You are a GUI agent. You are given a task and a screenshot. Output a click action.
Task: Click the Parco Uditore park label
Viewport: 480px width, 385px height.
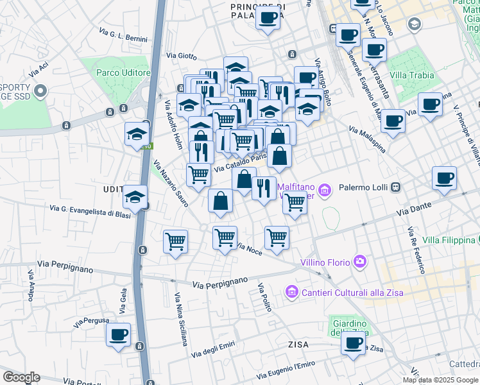point(123,73)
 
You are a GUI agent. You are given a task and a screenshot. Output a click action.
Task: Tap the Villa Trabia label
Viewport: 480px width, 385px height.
point(411,75)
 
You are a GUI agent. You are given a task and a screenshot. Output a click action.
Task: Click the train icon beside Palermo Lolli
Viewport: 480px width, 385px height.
point(397,187)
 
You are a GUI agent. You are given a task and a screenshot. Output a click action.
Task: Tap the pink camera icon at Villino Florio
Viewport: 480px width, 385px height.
point(360,261)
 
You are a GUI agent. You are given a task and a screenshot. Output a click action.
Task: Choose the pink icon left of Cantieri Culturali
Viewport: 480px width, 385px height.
point(291,292)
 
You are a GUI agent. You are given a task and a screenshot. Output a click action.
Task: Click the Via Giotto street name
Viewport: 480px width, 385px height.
point(181,56)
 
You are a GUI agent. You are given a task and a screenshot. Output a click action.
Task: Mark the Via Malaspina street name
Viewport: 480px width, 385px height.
point(367,139)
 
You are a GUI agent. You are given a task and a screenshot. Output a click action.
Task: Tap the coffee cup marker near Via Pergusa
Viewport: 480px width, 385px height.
point(118,335)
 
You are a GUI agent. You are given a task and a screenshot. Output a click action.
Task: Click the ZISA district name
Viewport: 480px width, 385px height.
point(298,345)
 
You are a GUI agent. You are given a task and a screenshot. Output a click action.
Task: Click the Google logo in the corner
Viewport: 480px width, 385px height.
point(21,377)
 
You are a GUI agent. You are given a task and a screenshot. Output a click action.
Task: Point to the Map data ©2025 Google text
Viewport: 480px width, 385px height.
point(440,380)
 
